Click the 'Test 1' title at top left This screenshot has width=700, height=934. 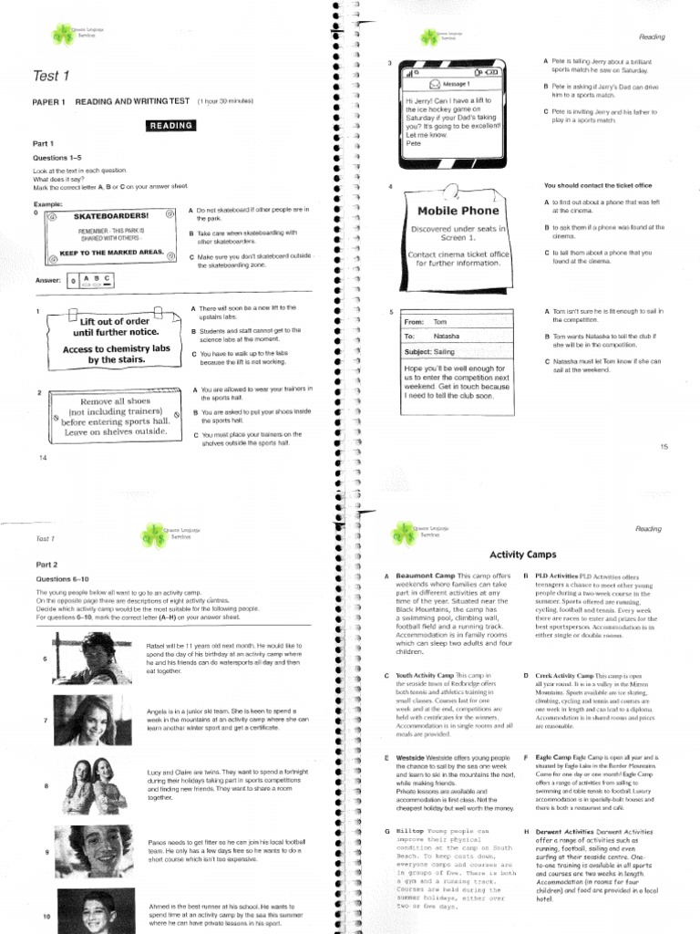point(50,76)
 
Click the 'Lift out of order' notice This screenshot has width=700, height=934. point(115,320)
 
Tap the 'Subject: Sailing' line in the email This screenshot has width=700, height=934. point(430,351)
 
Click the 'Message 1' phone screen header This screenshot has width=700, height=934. point(457,84)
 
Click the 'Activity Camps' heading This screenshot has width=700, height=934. point(522,555)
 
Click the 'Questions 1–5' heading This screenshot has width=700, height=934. point(57,158)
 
